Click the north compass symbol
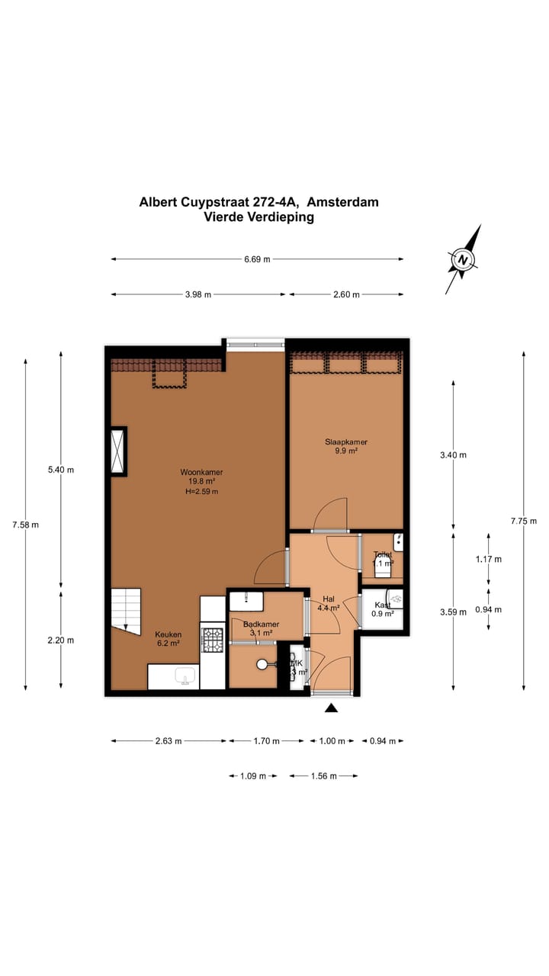pyautogui.click(x=463, y=259)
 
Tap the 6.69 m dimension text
pyautogui.click(x=257, y=259)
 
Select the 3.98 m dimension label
pyautogui.click(x=198, y=295)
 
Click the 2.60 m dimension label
pyautogui.click(x=346, y=295)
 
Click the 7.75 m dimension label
pyautogui.click(x=524, y=522)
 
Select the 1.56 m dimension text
pyautogui.click(x=323, y=776)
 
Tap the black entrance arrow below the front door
pyautogui.click(x=331, y=708)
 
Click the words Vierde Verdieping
pyautogui.click(x=258, y=217)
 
